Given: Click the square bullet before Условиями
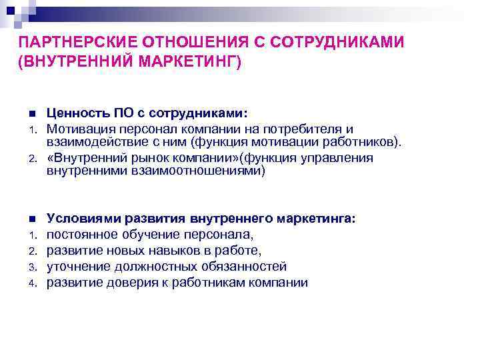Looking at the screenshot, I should [x=31, y=219].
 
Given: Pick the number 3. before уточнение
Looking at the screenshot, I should [x=31, y=267].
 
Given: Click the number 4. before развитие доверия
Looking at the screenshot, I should [x=31, y=283].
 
